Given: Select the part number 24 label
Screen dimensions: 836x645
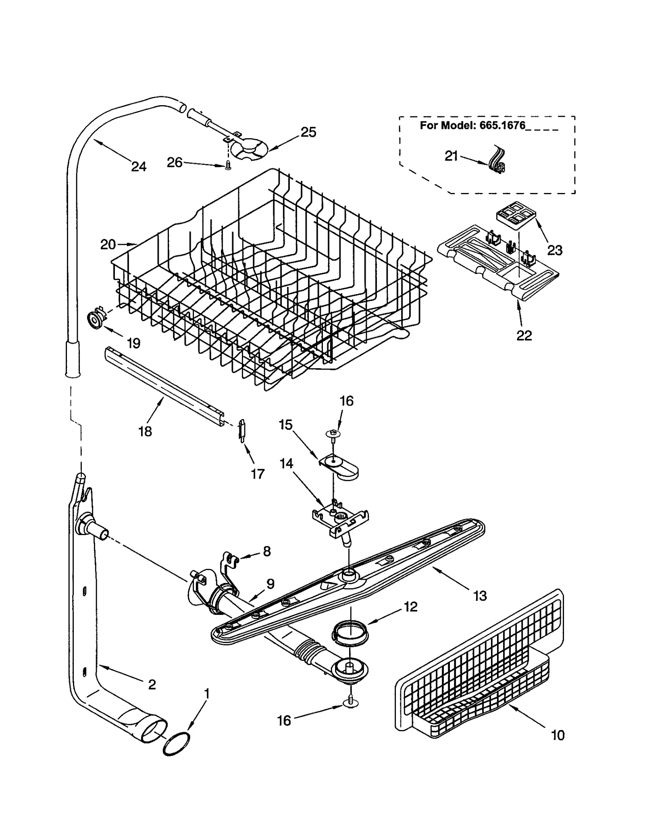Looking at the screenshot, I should (x=139, y=166).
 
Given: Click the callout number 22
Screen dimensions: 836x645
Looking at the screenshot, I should (x=524, y=335).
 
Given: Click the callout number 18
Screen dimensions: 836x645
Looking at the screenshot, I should (x=145, y=431).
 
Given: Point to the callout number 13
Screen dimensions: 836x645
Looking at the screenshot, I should (x=480, y=595).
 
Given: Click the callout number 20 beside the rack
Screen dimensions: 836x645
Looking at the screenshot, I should (x=108, y=244).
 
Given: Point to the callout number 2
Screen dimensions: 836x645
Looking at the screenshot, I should (x=152, y=684).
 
